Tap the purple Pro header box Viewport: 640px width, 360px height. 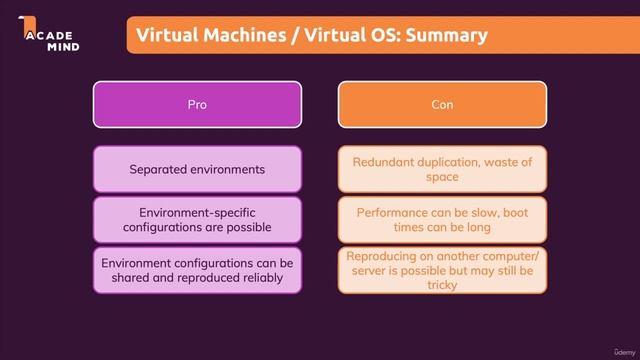(197, 104)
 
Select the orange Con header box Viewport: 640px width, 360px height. (442, 104)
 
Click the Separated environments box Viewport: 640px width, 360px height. (197, 169)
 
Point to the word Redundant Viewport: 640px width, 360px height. (383, 162)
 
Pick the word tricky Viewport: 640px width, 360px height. (441, 284)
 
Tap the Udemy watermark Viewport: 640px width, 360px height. (609, 348)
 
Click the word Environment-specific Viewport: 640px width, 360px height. (197, 212)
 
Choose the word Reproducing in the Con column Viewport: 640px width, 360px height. (383, 256)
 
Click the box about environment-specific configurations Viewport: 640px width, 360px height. (197, 219)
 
